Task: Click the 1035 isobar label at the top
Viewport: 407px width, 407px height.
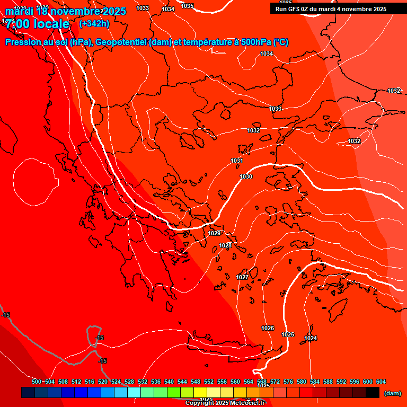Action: (x=187, y=6)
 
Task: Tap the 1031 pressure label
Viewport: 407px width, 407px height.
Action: (x=237, y=161)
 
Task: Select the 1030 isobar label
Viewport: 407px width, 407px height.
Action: (x=246, y=176)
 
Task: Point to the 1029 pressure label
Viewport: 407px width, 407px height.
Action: (x=214, y=233)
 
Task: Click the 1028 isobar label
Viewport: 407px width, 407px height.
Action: (x=226, y=245)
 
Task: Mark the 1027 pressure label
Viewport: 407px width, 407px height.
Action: (x=242, y=277)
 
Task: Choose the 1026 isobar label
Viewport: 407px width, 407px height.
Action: (x=268, y=328)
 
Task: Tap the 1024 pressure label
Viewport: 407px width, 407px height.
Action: (x=311, y=338)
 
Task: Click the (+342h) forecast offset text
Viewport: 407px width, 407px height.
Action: (x=94, y=23)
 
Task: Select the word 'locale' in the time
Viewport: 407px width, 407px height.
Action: (x=50, y=24)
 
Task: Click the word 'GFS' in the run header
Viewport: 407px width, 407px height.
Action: (x=295, y=9)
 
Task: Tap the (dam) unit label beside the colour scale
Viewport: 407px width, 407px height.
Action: (x=392, y=393)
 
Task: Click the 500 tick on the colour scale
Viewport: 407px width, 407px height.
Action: (x=37, y=382)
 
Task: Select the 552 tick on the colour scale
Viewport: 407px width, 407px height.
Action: (x=209, y=382)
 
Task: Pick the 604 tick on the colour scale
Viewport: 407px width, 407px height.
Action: (x=381, y=382)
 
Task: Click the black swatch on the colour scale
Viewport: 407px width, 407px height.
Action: (x=373, y=392)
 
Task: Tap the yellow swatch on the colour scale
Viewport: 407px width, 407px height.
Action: (x=200, y=392)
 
